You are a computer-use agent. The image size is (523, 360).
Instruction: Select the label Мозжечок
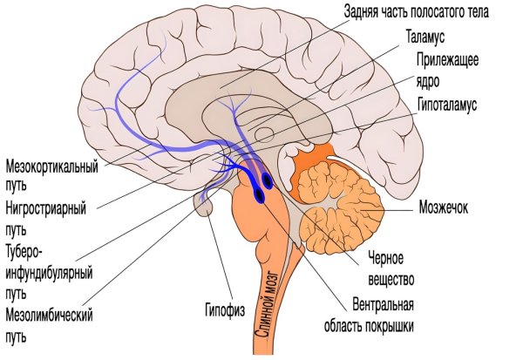pos(445,209)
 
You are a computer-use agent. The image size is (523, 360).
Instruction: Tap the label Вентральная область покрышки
pos(383,316)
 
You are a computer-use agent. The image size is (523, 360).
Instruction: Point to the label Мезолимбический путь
pos(49,323)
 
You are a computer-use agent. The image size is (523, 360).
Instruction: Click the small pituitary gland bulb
pos(204,207)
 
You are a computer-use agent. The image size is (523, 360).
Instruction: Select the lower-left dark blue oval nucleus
pos(258,197)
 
